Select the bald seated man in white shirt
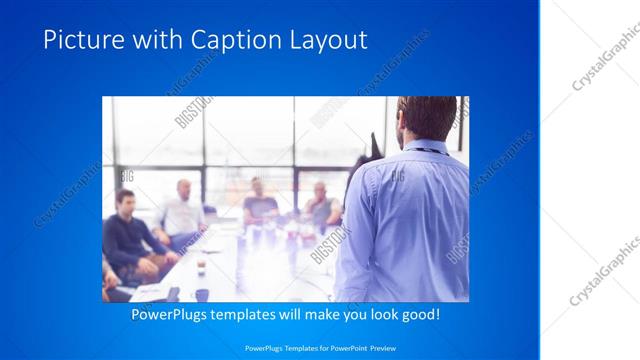[181, 210]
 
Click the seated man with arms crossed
[320, 205]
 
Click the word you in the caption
[361, 314]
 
